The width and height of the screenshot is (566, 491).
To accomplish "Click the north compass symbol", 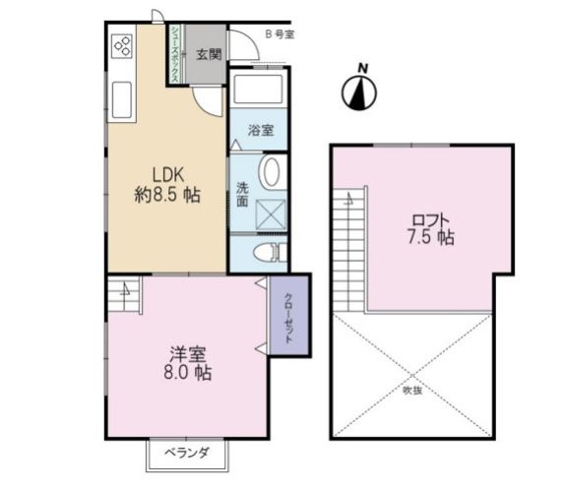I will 361,90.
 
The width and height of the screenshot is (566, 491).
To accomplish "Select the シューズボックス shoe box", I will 173,55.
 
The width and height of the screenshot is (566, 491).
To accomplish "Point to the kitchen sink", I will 124,100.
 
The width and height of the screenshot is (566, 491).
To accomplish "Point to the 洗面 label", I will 241,193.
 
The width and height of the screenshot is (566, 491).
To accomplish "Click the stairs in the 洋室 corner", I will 124,290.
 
